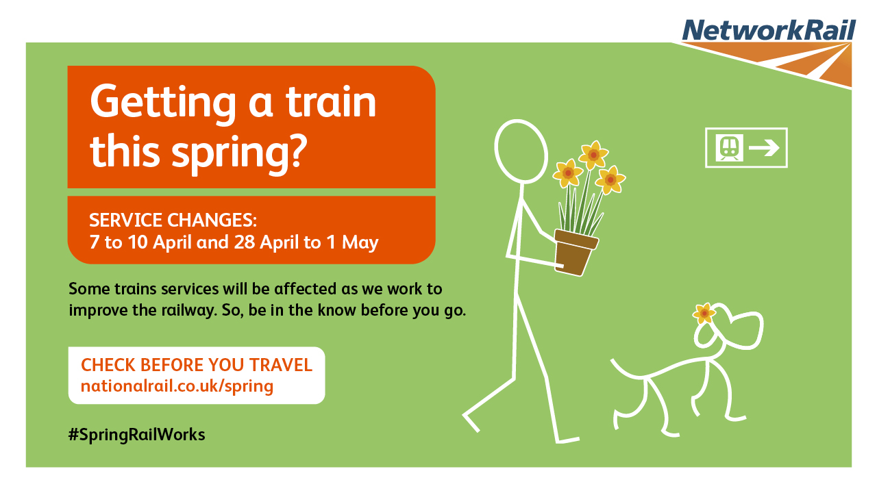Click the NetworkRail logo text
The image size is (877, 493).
click(769, 29)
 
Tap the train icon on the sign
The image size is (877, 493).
click(730, 148)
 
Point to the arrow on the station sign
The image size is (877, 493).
click(764, 148)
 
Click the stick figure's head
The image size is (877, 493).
click(521, 151)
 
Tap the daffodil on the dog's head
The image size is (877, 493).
click(704, 313)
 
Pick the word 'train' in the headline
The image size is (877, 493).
click(331, 102)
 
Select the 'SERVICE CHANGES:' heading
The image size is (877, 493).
click(173, 220)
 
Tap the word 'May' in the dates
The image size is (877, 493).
click(360, 243)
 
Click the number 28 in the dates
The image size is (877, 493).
click(245, 242)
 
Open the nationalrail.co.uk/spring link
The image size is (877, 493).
click(177, 387)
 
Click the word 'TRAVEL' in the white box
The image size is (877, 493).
click(281, 365)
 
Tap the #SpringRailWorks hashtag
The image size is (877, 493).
click(136, 435)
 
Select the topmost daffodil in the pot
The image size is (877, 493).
click(593, 155)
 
